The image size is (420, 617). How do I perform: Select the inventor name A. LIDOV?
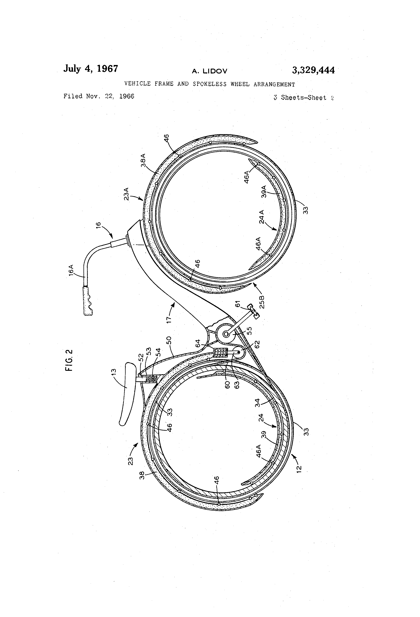click(x=210, y=71)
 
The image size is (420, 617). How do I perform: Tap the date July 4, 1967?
click(x=91, y=69)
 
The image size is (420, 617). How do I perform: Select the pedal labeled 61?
click(x=254, y=311)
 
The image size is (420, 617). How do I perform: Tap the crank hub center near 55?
click(x=226, y=334)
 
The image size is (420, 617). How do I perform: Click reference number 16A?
click(x=71, y=270)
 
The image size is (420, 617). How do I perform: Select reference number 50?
click(x=169, y=340)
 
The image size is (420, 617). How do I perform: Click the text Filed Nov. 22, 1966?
click(x=99, y=96)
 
